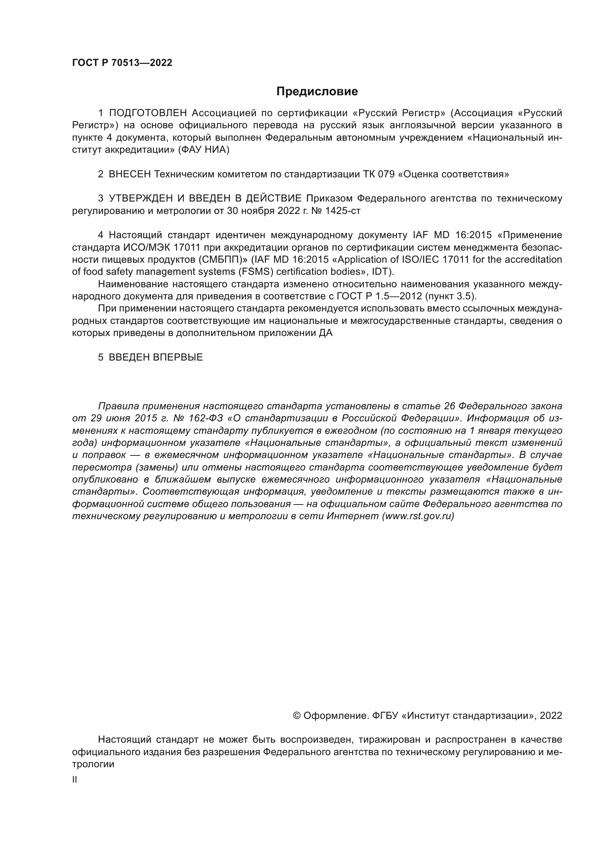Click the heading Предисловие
317,92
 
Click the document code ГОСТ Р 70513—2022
122,63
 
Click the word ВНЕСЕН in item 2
130,174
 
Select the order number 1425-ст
343,211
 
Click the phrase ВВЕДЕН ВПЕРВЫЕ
156,357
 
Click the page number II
75,780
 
